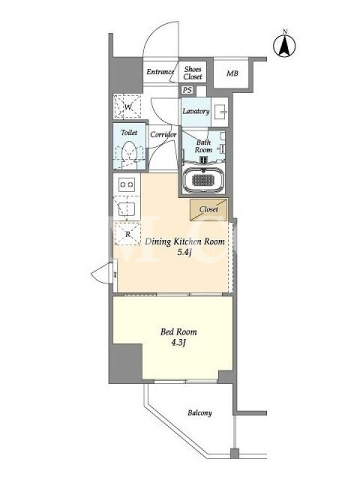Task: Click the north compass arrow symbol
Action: pos(284,46)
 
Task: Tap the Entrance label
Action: pos(160,72)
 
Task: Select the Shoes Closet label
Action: pos(193,73)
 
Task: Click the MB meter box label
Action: pos(232,73)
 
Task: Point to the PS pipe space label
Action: pos(187,91)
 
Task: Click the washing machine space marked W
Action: pos(128,107)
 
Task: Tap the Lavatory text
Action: pos(196,111)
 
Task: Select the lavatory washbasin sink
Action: pos(220,112)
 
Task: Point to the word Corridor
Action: pos(163,134)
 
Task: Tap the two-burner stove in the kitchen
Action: pos(127,184)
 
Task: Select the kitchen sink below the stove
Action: pos(127,209)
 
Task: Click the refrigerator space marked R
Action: pos(128,234)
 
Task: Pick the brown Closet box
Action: pos(209,209)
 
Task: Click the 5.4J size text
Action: pos(185,253)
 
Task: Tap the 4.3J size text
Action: pos(179,343)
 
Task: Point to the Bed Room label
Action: pos(179,332)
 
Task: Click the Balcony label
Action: pos(200,413)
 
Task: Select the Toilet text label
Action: pos(129,133)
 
